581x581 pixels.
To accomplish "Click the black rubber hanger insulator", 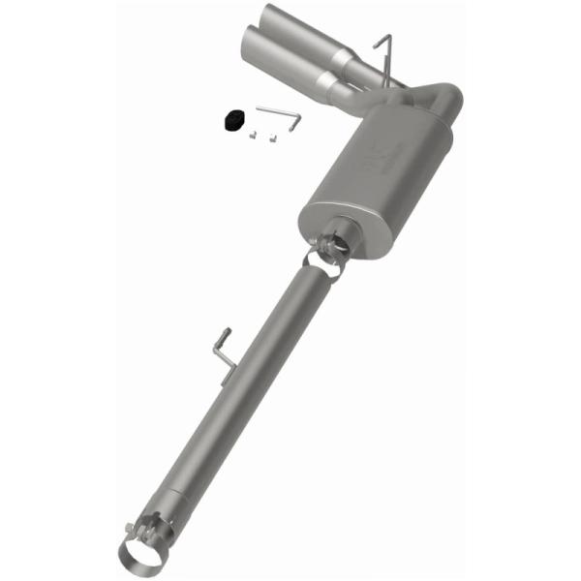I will tap(231, 119).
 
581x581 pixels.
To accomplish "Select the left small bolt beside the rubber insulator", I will tap(251, 134).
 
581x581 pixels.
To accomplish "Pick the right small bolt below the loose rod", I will tap(272, 137).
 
